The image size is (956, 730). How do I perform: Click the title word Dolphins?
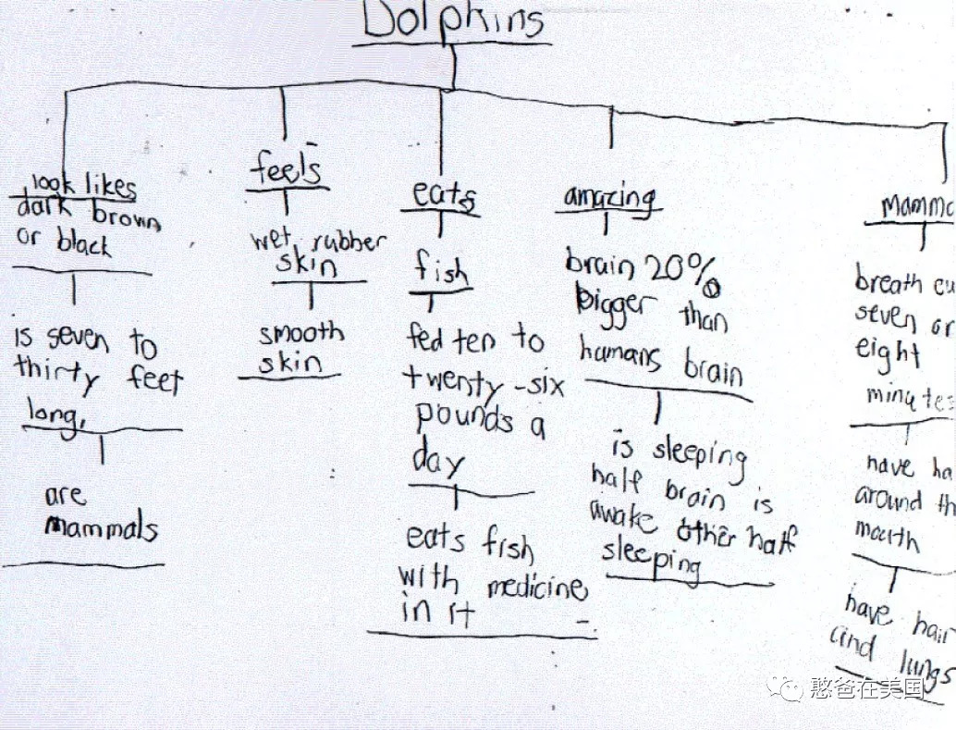[x=453, y=20]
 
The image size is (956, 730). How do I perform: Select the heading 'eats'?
[x=444, y=195]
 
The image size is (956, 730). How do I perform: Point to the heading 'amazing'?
[x=610, y=198]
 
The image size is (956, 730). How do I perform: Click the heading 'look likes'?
[x=84, y=185]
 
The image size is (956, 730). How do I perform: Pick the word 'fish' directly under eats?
[x=441, y=271]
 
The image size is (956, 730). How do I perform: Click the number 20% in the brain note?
[x=680, y=271]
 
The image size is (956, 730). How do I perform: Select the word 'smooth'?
[x=300, y=333]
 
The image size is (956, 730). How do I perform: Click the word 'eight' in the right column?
[x=888, y=353]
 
